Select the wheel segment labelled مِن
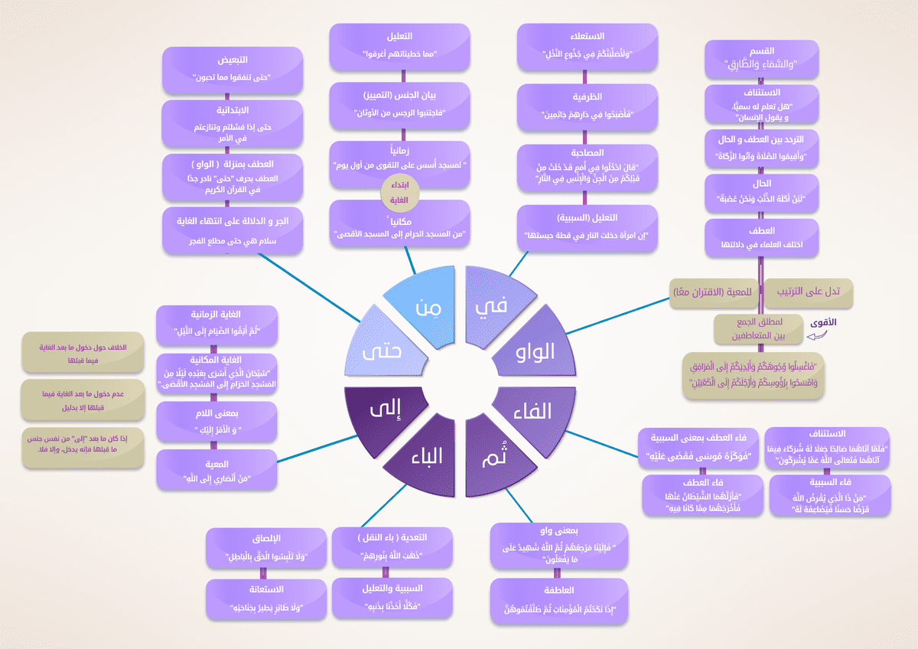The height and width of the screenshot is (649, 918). [x=425, y=302]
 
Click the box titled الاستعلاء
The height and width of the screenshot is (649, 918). [x=588, y=44]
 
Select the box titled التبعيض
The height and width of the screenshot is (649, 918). [x=228, y=68]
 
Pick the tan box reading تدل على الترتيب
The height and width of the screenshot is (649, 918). [x=807, y=292]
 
